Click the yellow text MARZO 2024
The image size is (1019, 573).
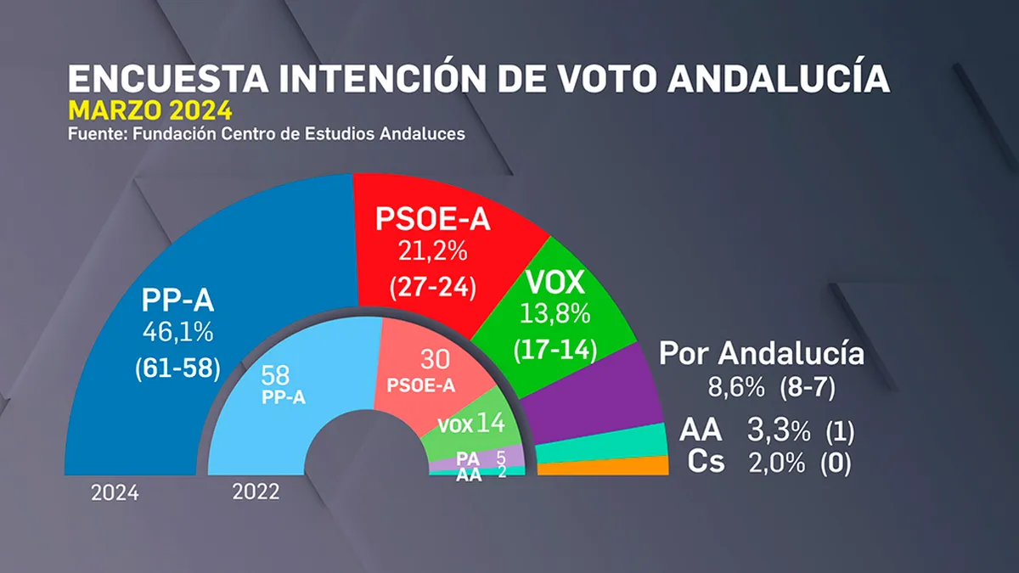150,110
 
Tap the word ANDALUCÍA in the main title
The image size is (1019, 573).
779,78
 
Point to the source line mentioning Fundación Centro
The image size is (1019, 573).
267,134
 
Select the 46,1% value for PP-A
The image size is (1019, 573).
177,332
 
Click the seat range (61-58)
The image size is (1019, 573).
177,368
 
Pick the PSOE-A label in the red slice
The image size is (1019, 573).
432,219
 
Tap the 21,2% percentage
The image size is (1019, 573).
432,250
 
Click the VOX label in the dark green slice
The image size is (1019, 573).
555,282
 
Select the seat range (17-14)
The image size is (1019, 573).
555,350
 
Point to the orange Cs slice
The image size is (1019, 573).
603,467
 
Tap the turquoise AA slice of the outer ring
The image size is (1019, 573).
600,445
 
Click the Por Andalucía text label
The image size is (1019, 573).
762,353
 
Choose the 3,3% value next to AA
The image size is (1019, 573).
779,430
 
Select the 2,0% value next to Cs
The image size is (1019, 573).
777,463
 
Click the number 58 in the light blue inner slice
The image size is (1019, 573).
275,375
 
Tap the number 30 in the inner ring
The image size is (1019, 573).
435,359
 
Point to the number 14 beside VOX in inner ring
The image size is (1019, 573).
491,423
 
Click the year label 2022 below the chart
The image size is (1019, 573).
256,492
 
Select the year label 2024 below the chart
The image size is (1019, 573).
115,493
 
